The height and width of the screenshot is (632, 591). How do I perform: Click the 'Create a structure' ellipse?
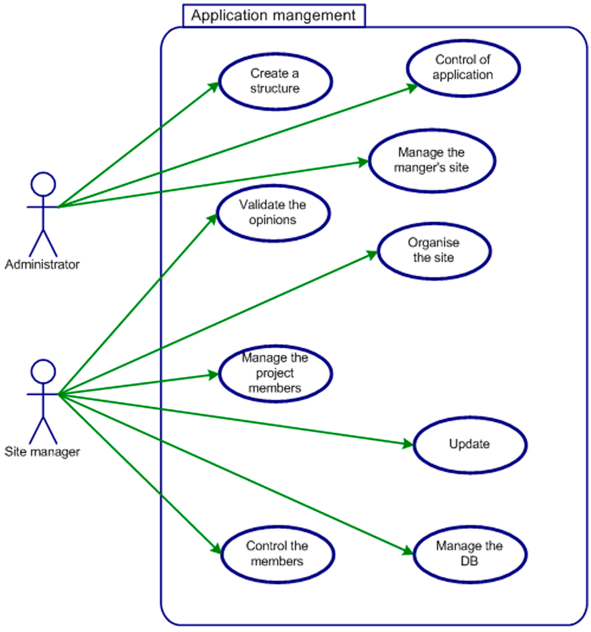[x=275, y=81]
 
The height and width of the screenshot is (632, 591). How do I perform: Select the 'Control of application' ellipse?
[x=463, y=67]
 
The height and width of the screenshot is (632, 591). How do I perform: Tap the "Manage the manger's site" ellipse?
[x=431, y=161]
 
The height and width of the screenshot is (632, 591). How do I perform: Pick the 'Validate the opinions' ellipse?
[x=273, y=212]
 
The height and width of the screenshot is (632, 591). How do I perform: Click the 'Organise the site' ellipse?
[x=433, y=250]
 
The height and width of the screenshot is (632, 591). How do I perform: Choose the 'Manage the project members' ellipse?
[x=275, y=373]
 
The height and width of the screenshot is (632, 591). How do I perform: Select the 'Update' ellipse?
[x=469, y=445]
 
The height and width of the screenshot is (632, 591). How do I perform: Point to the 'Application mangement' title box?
[x=274, y=16]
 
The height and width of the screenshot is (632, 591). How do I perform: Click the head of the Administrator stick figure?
[x=43, y=185]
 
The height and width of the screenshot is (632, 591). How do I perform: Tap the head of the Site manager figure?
[x=43, y=372]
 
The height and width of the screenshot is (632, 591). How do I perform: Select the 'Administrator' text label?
[x=42, y=265]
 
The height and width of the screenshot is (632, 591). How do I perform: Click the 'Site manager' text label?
[x=42, y=452]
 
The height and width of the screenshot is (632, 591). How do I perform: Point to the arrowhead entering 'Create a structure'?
[x=214, y=85]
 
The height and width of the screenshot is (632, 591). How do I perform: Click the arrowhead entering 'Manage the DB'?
[x=407, y=551]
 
